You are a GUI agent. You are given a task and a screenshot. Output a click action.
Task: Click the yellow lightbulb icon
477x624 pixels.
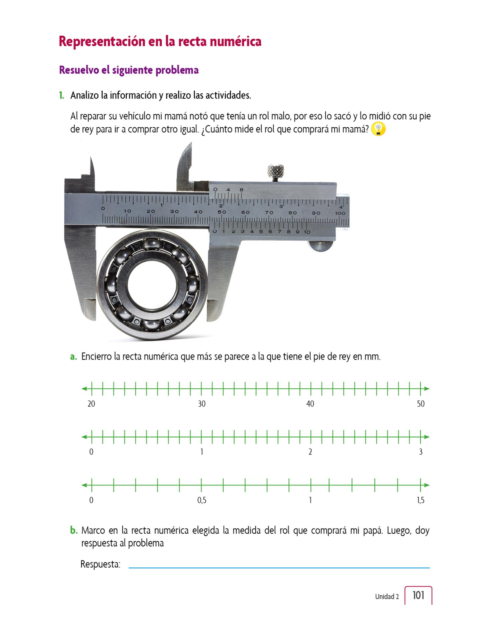pos(378,129)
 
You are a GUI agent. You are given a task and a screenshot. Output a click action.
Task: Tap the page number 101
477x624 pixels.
pos(418,595)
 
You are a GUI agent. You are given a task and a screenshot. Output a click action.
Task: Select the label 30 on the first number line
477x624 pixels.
pos(202,404)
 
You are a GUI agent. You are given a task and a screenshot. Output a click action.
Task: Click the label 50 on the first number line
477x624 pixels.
pos(421,404)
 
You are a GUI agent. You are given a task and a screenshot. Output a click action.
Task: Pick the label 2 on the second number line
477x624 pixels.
pos(310,452)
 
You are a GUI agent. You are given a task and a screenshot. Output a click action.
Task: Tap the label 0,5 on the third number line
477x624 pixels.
pos(202,500)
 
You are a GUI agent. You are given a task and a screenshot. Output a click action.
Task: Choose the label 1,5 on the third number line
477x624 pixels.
pos(421,500)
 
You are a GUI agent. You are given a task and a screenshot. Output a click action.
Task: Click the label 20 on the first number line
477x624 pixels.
pos(91,404)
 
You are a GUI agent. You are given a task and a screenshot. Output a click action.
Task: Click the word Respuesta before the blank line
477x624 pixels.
pos(100,564)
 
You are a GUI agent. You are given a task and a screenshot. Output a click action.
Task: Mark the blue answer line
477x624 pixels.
pos(279,568)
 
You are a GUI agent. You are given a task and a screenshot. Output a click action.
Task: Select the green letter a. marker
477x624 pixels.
pos(74,356)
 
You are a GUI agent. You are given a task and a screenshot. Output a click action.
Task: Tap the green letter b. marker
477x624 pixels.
pos(74,530)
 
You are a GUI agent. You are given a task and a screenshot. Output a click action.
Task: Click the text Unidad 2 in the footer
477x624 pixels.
pos(387,597)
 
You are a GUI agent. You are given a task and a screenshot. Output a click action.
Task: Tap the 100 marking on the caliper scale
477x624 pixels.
pos(340,213)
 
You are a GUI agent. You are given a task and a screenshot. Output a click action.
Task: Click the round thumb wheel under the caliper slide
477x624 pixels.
pos(321,246)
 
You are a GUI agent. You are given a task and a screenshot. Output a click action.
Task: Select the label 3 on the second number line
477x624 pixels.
pos(421,452)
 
